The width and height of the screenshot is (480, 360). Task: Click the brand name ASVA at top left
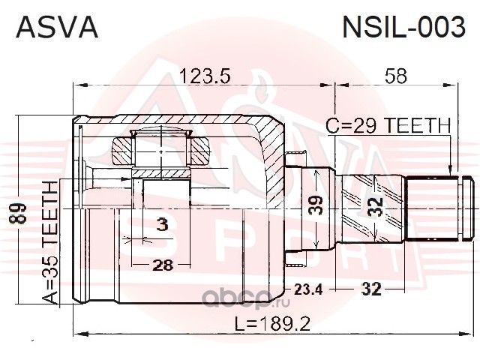[x=57, y=27]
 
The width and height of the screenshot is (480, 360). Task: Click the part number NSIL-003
[x=403, y=27]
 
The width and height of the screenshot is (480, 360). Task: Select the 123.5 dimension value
[x=205, y=76]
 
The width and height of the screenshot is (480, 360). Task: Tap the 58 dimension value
[x=396, y=76]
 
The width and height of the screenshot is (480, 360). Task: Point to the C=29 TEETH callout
[x=388, y=125]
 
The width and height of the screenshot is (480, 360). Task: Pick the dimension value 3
[x=163, y=225]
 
